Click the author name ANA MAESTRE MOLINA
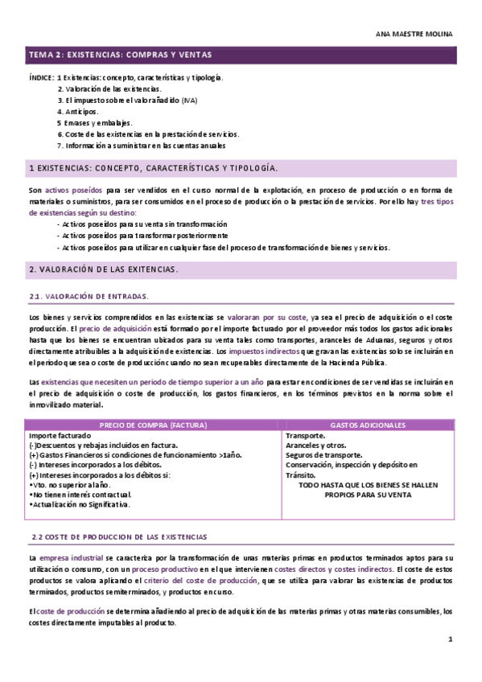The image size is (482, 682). pos(414,35)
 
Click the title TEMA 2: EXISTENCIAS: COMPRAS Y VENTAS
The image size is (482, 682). pos(120,55)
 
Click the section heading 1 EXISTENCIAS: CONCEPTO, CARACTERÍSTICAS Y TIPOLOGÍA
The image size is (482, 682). pos(154,168)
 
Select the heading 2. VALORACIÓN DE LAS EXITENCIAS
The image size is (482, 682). pos(104,269)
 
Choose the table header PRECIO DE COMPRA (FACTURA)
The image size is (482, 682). pos(153,425)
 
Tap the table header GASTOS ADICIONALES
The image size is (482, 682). pos(368,425)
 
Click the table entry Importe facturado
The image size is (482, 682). pos(60,435)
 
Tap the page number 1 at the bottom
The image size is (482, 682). pos(451,639)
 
